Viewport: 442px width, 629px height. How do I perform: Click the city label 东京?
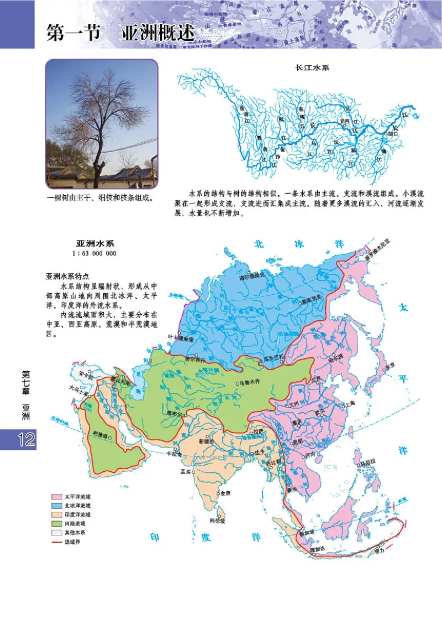(x=390, y=366)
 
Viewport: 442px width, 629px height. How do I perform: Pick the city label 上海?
(x=348, y=405)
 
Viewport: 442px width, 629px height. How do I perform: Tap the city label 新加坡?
(x=305, y=532)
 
